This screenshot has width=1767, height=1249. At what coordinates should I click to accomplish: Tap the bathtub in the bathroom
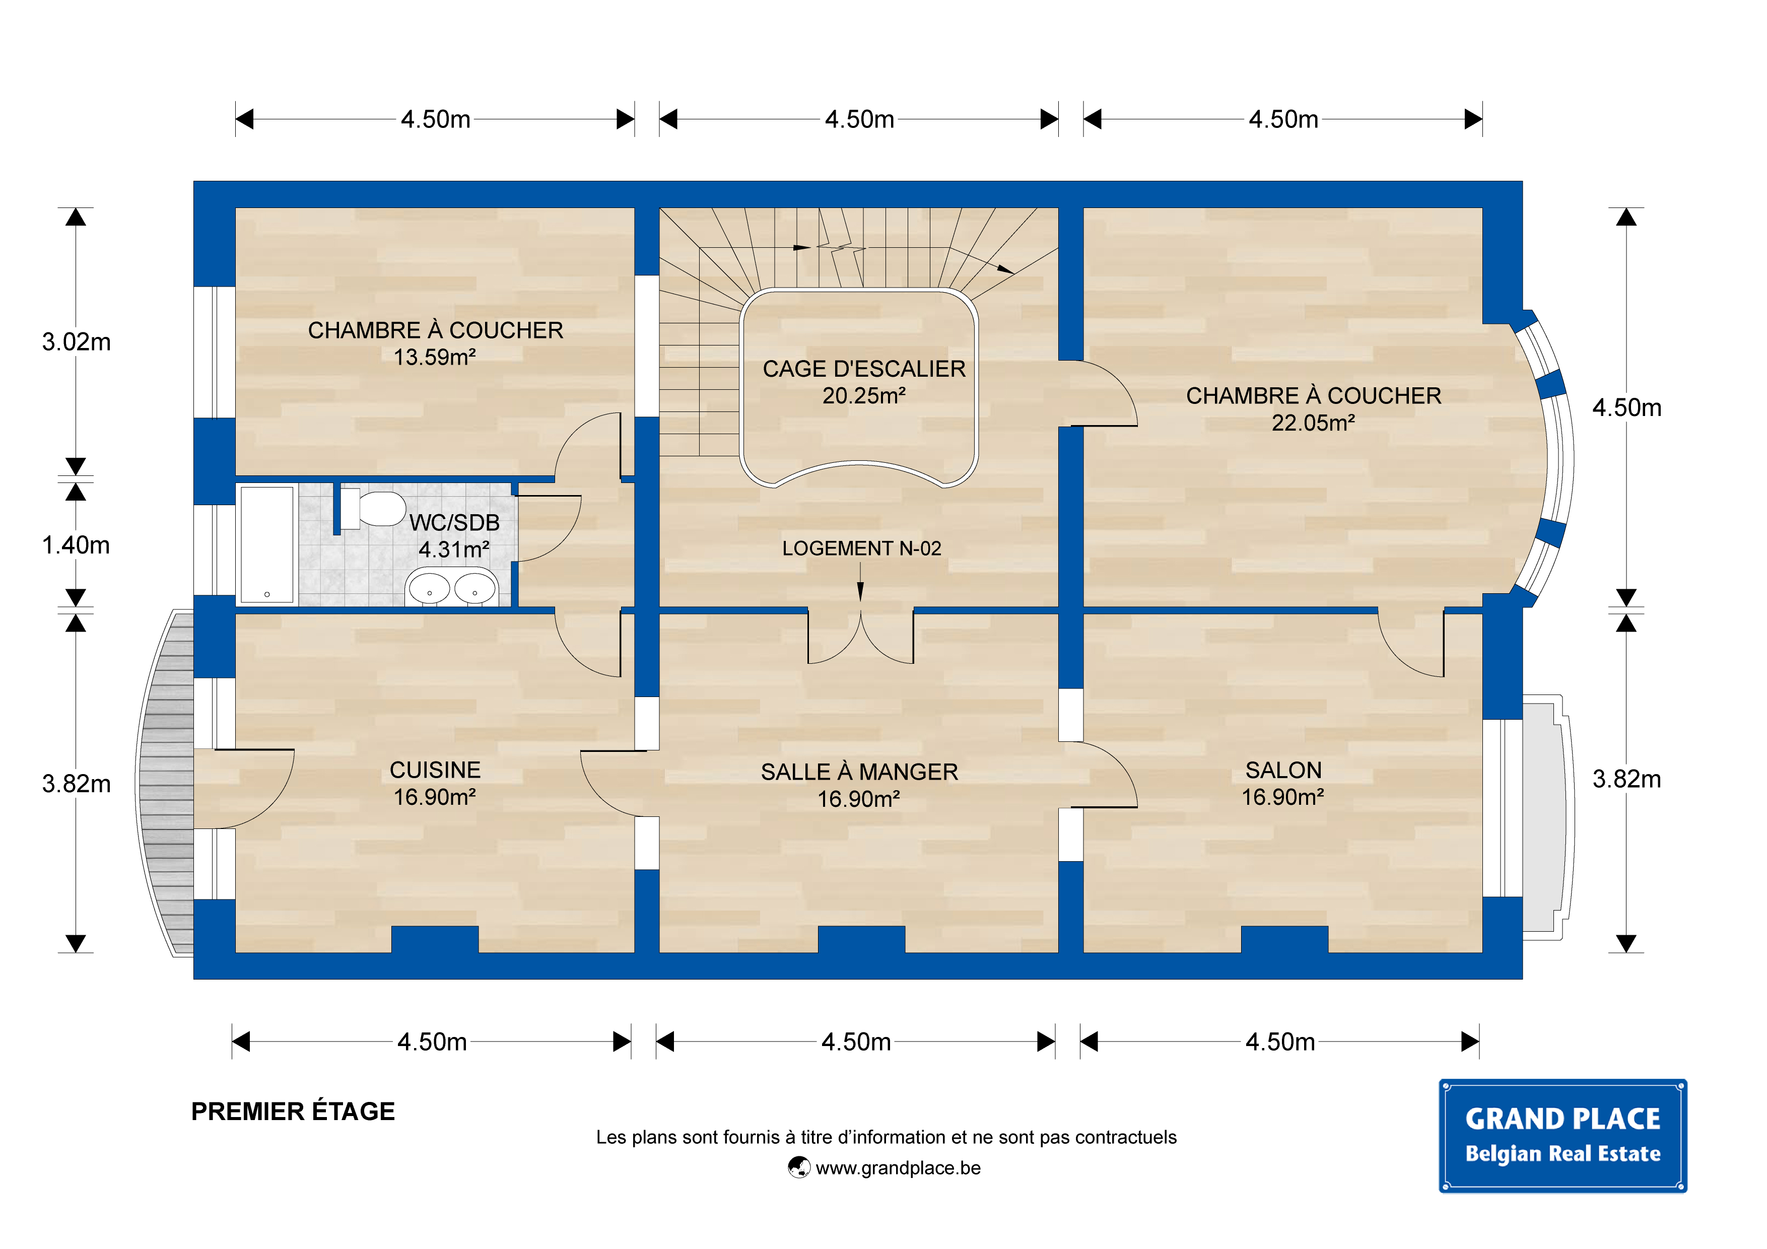click(267, 544)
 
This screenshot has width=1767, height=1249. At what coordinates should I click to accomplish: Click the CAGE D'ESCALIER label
click(863, 369)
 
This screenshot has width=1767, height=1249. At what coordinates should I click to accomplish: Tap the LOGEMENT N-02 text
click(861, 548)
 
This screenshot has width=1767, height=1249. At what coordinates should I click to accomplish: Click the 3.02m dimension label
click(76, 341)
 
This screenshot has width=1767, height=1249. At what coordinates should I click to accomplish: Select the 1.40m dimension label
click(76, 545)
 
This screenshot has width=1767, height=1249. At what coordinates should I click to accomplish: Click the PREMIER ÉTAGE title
click(293, 1111)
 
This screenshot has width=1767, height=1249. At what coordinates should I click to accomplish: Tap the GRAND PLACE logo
click(1562, 1135)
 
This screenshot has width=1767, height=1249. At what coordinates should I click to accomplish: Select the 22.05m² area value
click(1313, 423)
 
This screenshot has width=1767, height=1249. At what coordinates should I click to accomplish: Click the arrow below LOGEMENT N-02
click(860, 582)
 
